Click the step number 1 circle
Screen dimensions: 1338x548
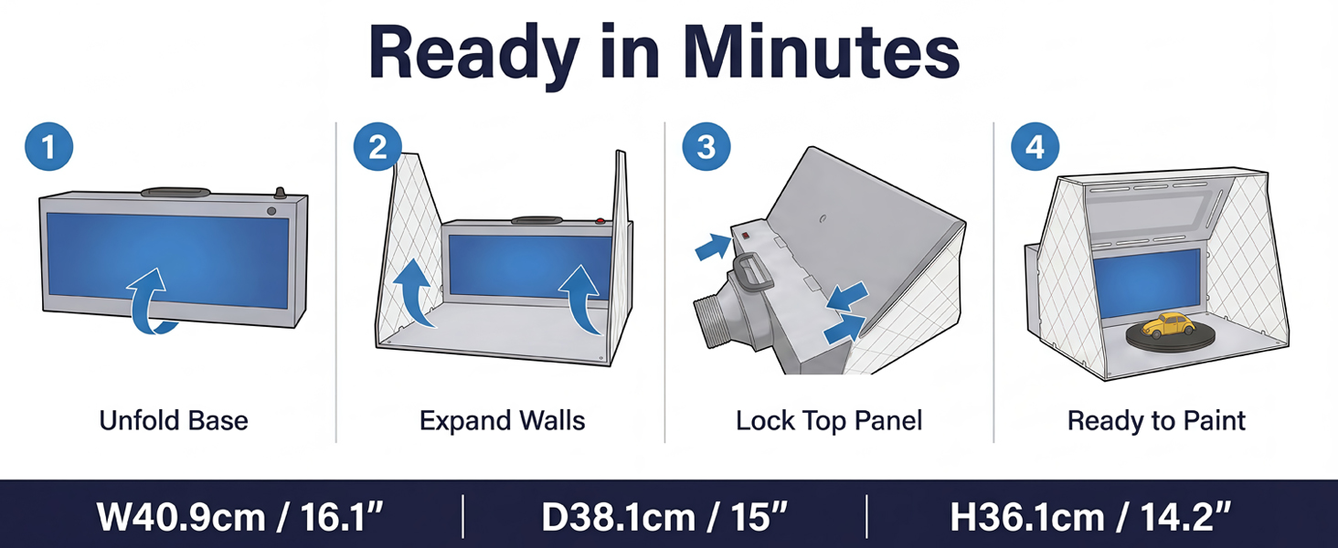tap(49, 147)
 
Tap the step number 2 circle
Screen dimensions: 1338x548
tap(377, 147)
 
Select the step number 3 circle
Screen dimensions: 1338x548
tap(706, 147)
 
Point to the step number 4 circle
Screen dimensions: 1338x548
tap(1035, 147)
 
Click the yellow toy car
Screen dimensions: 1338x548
tap(1168, 325)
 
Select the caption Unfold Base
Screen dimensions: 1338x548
tap(174, 421)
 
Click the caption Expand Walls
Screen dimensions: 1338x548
tap(503, 421)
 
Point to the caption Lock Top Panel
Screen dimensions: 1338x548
tap(829, 421)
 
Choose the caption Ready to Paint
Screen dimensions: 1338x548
tap(1156, 421)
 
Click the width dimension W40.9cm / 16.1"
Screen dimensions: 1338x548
tap(239, 516)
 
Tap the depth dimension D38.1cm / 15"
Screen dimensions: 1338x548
tap(664, 516)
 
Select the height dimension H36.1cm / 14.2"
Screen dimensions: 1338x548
tap(1090, 516)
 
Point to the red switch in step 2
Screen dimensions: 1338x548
tap(600, 221)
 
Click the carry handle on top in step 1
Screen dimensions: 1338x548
tap(175, 192)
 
